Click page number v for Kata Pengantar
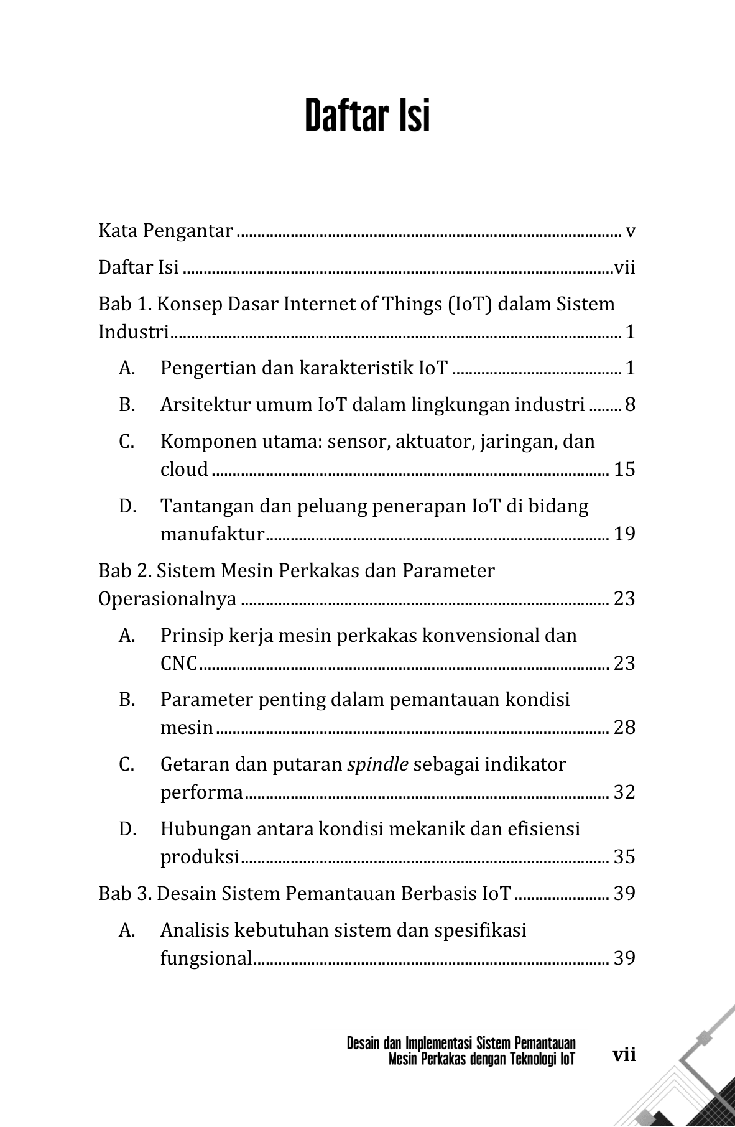pyautogui.click(x=630, y=231)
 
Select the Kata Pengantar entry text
pyautogui.click(x=165, y=231)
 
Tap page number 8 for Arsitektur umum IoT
pyautogui.click(x=630, y=405)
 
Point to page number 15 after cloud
pyautogui.click(x=624, y=469)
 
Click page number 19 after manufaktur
pyautogui.click(x=624, y=534)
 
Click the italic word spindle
pyautogui.click(x=377, y=764)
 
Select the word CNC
pyautogui.click(x=178, y=664)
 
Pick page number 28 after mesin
pyautogui.click(x=624, y=728)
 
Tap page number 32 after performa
pyautogui.click(x=624, y=792)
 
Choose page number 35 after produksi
pyautogui.click(x=624, y=857)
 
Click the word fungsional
pyautogui.click(x=206, y=958)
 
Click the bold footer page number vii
pyautogui.click(x=624, y=1055)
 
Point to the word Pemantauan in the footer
pyautogui.click(x=545, y=1043)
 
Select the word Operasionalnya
pyautogui.click(x=167, y=599)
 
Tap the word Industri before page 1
pyautogui.click(x=134, y=332)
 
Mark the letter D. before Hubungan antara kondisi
pyautogui.click(x=127, y=829)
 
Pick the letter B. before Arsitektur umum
pyautogui.click(x=127, y=405)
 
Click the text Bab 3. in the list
pyautogui.click(x=124, y=894)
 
